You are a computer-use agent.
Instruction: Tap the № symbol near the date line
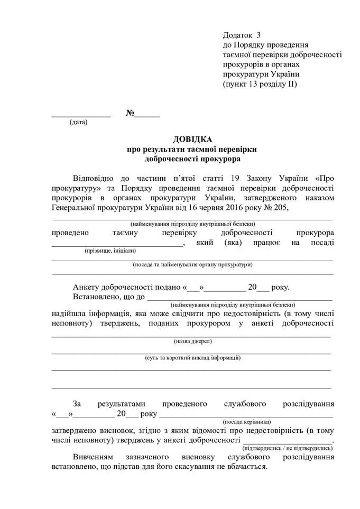click(130, 113)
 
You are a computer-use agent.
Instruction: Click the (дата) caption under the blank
click(79, 123)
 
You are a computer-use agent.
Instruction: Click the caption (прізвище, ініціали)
click(110, 251)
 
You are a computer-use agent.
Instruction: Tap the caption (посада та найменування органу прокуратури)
click(192, 264)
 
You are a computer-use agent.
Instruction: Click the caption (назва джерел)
click(192, 341)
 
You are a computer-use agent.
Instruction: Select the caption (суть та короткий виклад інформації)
click(193, 358)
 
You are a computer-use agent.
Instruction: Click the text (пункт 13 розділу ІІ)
click(260, 84)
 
